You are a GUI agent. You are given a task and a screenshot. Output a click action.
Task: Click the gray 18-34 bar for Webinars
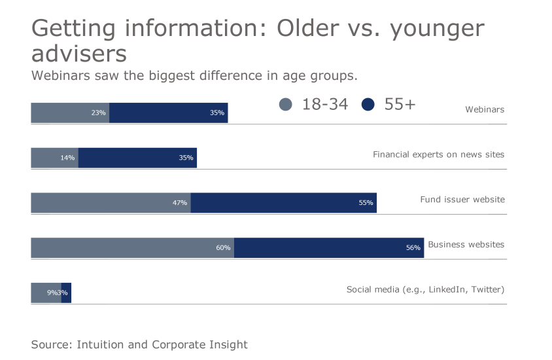[x=70, y=113]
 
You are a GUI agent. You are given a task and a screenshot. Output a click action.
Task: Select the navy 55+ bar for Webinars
[x=168, y=113]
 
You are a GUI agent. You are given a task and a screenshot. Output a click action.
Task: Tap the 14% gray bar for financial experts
[x=54, y=158]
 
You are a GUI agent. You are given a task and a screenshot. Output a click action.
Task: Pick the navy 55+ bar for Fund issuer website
[x=283, y=203]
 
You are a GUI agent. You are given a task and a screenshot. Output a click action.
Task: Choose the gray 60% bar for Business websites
[x=132, y=247]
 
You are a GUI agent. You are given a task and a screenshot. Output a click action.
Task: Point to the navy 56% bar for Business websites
[x=328, y=247]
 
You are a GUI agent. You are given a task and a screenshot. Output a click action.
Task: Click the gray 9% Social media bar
[x=46, y=293]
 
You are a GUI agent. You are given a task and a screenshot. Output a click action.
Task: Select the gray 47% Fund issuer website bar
[x=111, y=203]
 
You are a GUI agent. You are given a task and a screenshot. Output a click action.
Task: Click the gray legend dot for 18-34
[x=286, y=105]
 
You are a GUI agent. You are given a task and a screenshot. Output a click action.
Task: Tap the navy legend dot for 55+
[x=368, y=105]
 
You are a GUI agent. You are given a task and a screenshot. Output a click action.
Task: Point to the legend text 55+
[x=400, y=104]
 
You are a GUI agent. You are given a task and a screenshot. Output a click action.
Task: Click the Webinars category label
[x=485, y=109]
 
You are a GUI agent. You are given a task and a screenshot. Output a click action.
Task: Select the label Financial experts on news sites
[x=438, y=154]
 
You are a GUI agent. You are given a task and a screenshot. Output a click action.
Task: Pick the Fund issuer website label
[x=462, y=199]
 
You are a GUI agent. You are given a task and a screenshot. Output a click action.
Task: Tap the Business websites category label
[x=466, y=244]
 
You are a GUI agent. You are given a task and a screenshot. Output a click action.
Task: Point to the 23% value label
[x=99, y=113]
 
